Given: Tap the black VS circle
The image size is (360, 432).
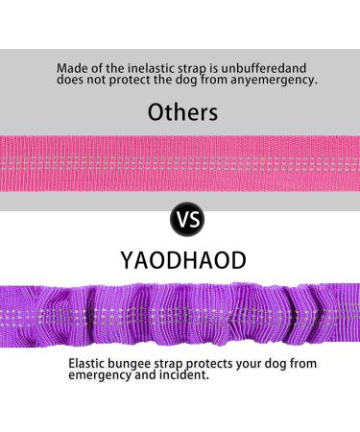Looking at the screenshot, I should tap(186, 220).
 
